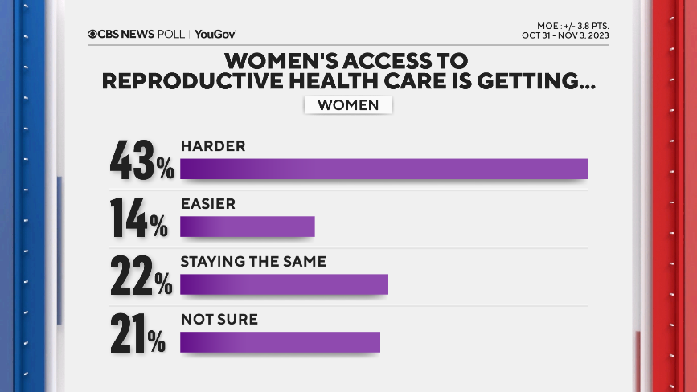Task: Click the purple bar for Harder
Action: point(383,169)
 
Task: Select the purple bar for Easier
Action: point(247,227)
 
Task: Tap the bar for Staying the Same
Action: point(284,284)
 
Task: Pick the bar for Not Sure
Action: point(280,342)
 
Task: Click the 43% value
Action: point(141,161)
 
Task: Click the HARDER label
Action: point(212,146)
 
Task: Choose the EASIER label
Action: point(207,204)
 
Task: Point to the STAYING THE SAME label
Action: point(253,262)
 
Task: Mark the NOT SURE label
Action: point(219,320)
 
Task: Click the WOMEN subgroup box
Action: point(348,105)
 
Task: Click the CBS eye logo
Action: point(93,34)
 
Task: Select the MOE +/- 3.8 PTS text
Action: point(568,25)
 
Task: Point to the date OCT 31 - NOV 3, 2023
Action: point(564,36)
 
